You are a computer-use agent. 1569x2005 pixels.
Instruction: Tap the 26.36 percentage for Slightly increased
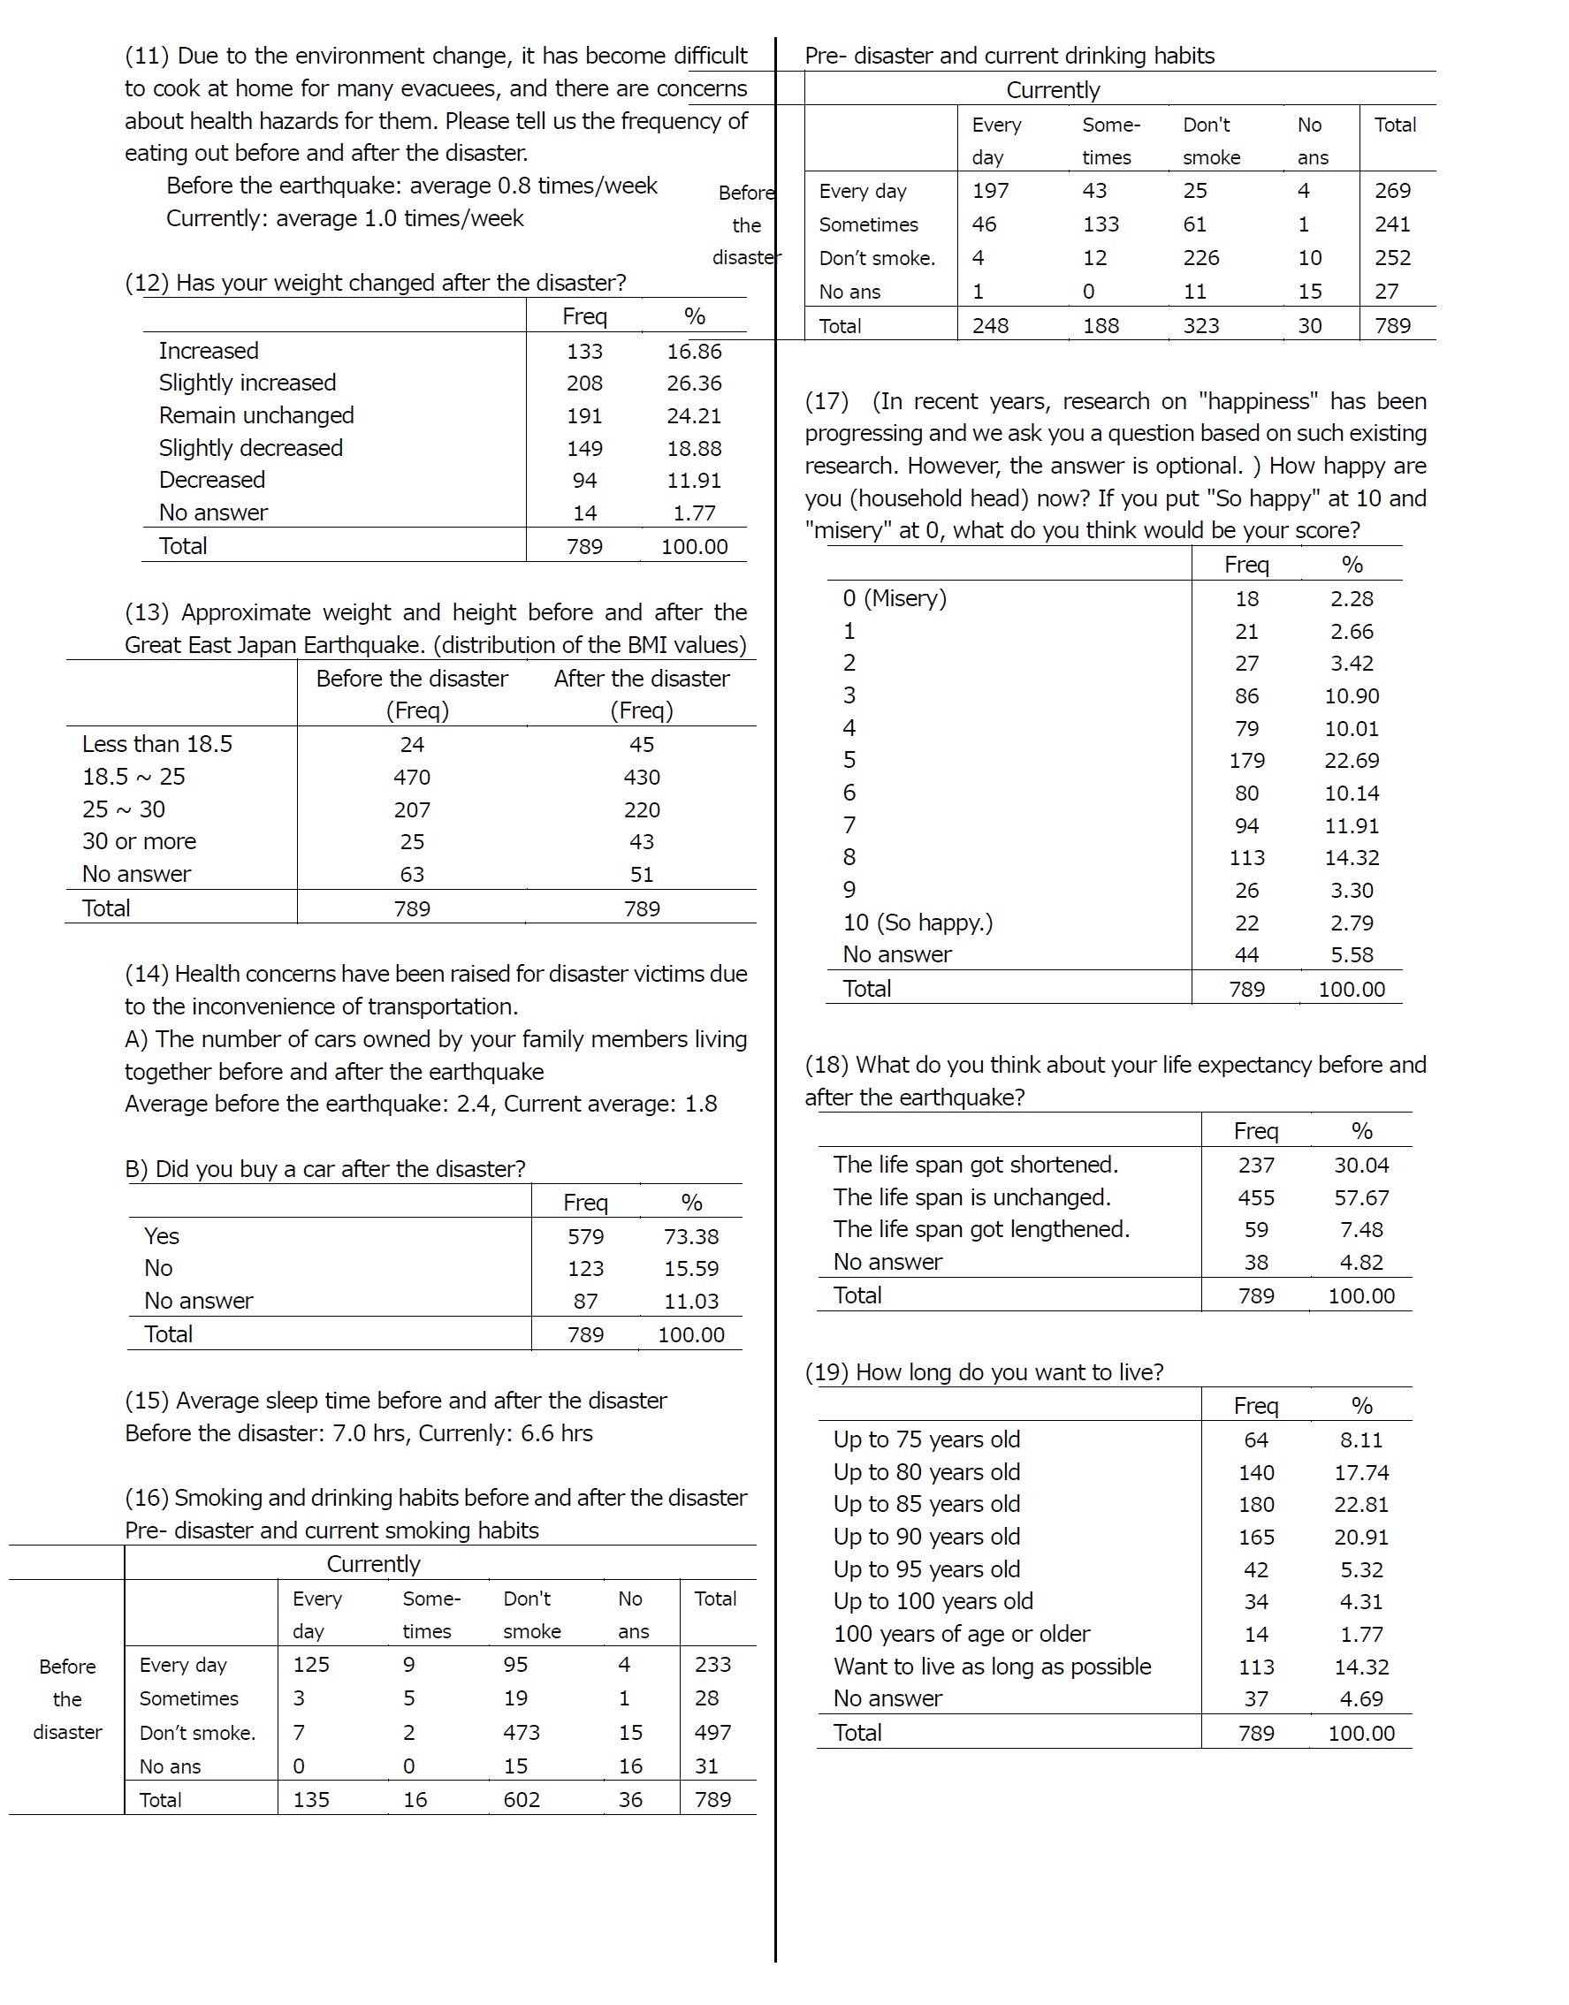coord(694,383)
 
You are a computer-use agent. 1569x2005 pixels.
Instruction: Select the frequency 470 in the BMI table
coord(412,777)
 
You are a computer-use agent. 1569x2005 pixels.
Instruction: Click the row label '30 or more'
coord(139,841)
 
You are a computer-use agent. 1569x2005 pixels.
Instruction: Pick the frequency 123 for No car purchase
coord(585,1268)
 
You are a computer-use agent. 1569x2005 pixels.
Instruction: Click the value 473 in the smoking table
coord(521,1732)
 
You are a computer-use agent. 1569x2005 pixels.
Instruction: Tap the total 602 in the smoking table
coord(521,1799)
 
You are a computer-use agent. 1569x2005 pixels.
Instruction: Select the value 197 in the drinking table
coord(990,191)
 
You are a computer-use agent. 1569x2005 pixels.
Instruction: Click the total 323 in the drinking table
coord(1200,326)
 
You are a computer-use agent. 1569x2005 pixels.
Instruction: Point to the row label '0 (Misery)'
coord(894,599)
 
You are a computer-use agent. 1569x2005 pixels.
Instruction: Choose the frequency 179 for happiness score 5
coord(1246,761)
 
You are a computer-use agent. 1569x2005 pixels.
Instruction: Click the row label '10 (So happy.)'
coord(917,923)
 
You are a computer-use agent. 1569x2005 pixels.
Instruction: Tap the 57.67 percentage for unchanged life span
coord(1360,1197)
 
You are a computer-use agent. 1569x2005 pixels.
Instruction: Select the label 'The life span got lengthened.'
coord(981,1229)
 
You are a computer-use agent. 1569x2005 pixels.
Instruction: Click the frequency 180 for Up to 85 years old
coord(1256,1505)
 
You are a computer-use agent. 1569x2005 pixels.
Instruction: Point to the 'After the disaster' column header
coord(641,679)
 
